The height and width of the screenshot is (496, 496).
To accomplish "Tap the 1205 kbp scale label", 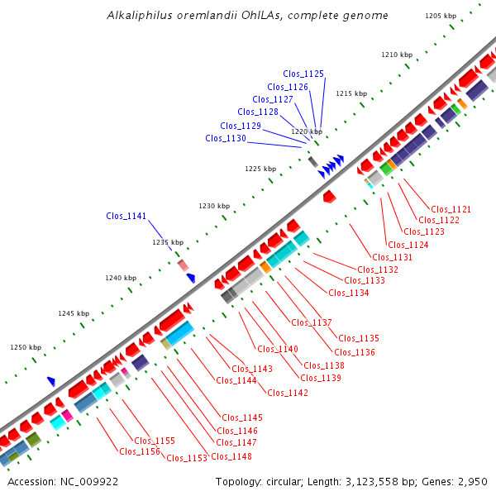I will click(441, 16).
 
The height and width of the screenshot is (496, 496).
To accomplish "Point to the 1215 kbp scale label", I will click(351, 93).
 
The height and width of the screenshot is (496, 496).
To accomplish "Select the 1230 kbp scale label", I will click(213, 206).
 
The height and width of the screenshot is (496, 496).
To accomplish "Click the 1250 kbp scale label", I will click(25, 348).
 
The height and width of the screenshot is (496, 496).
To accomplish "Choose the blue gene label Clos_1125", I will click(303, 74).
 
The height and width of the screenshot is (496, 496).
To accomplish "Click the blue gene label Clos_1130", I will click(226, 138).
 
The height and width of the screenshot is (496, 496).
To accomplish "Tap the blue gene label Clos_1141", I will click(126, 216).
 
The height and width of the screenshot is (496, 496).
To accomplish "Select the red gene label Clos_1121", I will click(451, 209).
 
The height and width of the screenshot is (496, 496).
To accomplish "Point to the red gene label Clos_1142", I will click(288, 393).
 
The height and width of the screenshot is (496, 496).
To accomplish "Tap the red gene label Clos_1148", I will click(231, 456).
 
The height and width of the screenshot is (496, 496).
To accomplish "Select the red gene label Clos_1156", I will click(139, 451).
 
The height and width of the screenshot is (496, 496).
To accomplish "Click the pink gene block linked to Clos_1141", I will click(184, 265).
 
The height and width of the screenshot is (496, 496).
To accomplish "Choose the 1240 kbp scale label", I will click(120, 278).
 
